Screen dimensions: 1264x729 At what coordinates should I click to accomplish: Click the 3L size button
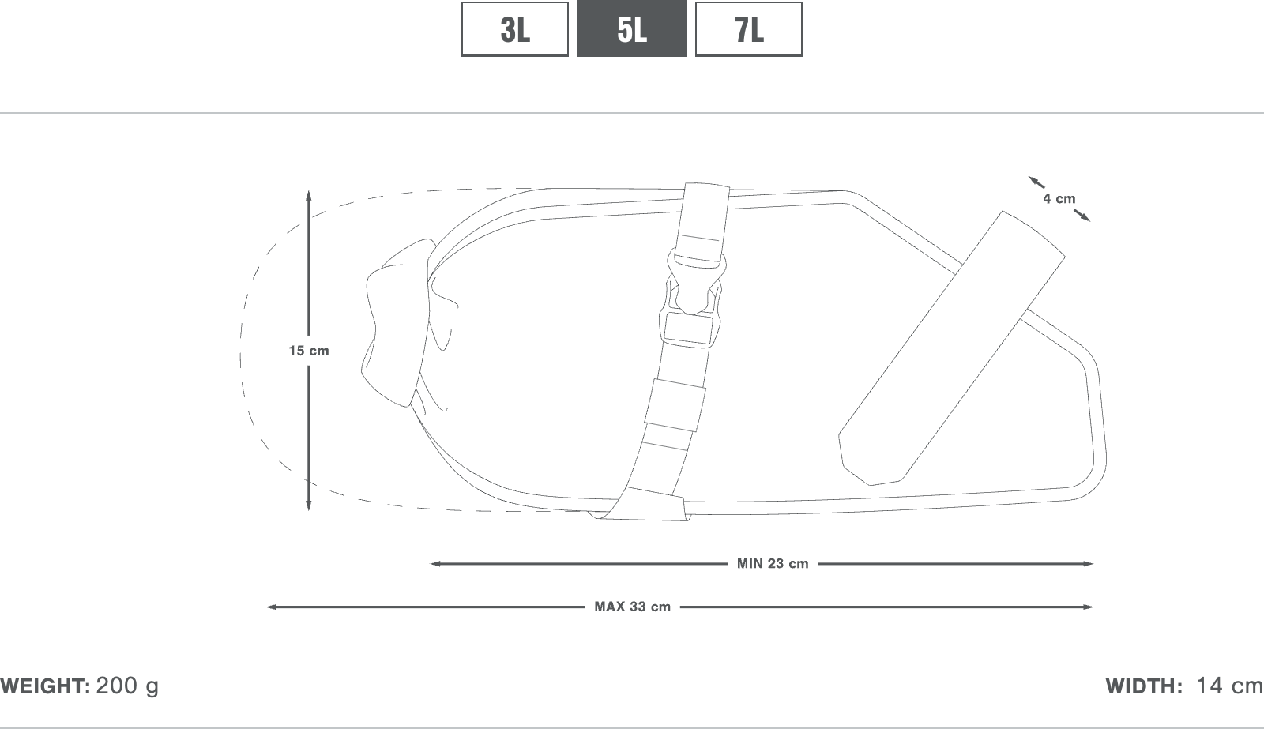pos(514,28)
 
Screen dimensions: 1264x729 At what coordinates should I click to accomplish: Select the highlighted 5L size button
pos(631,28)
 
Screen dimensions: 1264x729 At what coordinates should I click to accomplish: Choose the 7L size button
pos(748,28)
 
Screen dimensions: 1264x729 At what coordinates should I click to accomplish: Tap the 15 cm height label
pos(309,351)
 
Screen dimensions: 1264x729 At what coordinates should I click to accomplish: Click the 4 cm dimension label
pos(1059,198)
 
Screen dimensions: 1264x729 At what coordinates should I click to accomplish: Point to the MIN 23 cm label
pos(773,564)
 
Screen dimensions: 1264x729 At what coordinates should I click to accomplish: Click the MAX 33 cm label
pos(633,607)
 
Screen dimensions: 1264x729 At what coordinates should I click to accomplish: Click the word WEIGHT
pos(45,686)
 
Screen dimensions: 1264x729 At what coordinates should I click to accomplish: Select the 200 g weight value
pos(127,686)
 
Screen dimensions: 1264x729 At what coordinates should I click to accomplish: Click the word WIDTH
pos(1144,686)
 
